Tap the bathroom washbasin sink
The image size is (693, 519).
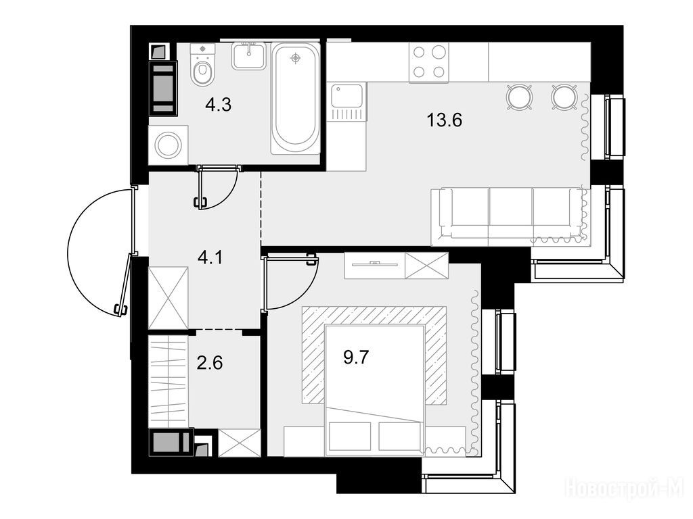(249, 55)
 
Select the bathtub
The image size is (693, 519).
(296, 98)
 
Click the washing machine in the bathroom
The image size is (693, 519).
(168, 145)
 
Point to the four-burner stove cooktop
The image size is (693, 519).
(428, 62)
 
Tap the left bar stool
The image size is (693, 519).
(520, 97)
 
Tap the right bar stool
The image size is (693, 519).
(564, 97)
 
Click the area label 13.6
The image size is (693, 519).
(444, 120)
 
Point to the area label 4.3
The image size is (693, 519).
(219, 105)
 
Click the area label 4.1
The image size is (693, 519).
(210, 257)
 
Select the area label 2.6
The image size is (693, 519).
(210, 363)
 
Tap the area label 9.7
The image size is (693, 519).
(356, 357)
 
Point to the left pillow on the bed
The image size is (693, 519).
(349, 437)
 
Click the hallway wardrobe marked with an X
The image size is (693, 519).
(168, 297)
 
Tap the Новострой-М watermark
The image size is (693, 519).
(625, 489)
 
